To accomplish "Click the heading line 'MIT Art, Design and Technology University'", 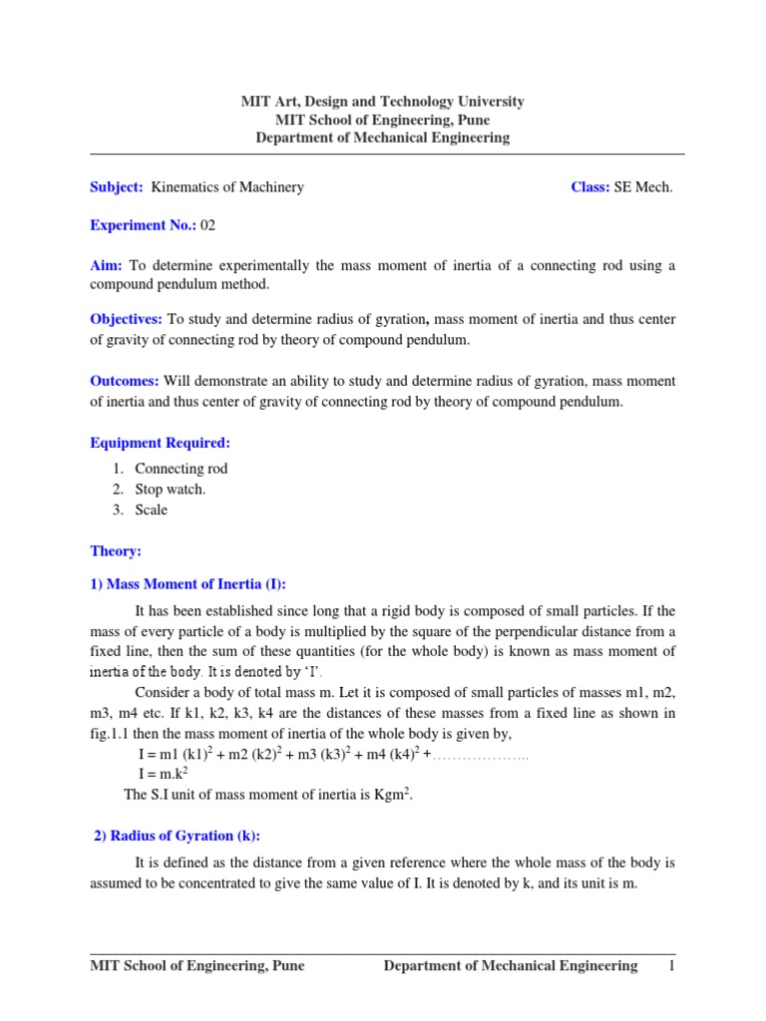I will (382, 102).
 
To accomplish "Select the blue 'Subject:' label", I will (117, 187).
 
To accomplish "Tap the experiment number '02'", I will (207, 225).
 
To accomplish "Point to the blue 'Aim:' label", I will (107, 265).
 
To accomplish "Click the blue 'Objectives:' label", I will (127, 319).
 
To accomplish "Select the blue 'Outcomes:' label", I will (126, 381).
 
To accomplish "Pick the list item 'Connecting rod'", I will (182, 469).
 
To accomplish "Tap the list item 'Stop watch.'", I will (171, 490).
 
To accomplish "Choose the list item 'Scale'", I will (152, 510).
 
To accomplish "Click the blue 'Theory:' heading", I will (116, 550).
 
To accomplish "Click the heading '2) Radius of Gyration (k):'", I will (177, 836).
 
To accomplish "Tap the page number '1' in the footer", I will (672, 965).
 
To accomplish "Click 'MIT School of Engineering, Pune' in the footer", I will (197, 965).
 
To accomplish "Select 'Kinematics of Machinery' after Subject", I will (226, 187).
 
